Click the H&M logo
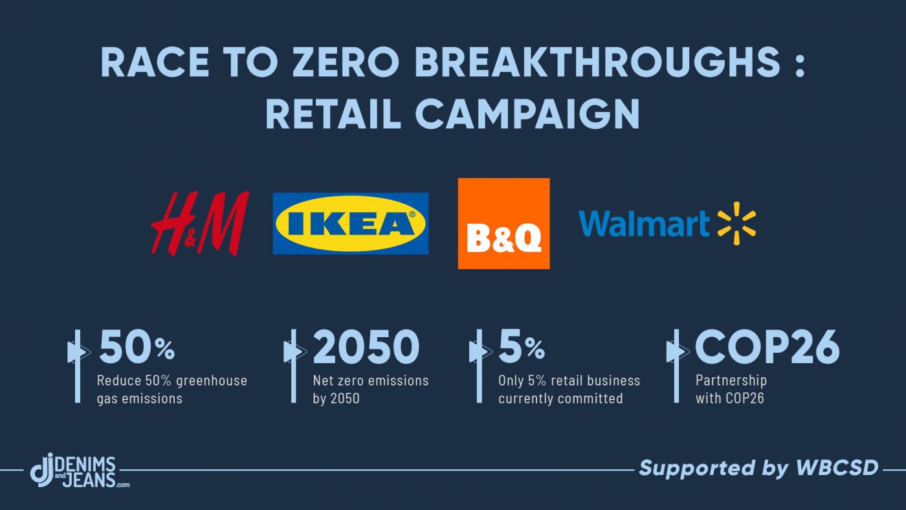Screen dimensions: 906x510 tap(200, 223)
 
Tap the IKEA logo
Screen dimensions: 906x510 tap(350, 223)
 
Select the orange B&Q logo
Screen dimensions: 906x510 tap(503, 223)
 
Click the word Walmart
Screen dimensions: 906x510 tap(644, 223)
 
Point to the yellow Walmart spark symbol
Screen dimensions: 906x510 tap(736, 223)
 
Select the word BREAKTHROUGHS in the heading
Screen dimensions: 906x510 tap(597, 62)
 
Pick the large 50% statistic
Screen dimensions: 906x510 tap(137, 347)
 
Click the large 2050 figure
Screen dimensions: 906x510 tap(366, 347)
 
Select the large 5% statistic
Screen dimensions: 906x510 tap(522, 347)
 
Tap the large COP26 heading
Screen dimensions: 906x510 tap(768, 347)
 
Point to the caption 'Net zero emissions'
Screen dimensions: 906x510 tap(370, 381)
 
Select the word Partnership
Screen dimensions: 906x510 tap(731, 381)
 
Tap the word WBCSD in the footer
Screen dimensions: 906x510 tap(837, 468)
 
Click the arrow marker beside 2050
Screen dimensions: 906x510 tap(294, 351)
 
